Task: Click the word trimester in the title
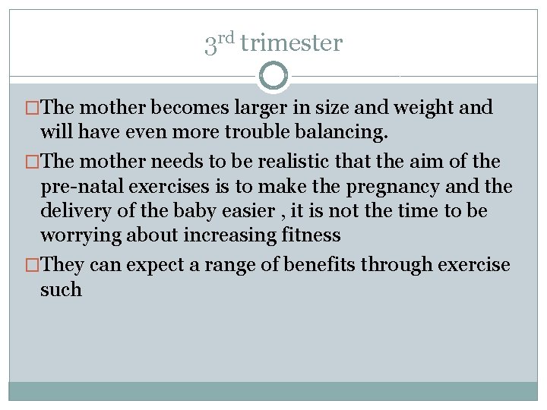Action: [x=291, y=43]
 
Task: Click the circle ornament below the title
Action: [x=273, y=76]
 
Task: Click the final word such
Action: [x=61, y=290]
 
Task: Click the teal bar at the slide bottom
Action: [x=273, y=390]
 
